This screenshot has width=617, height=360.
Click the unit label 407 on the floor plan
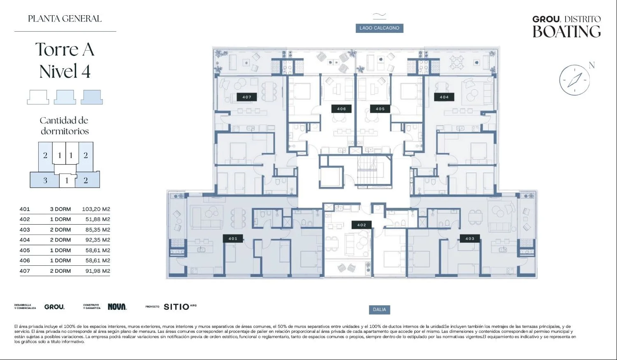pyautogui.click(x=247, y=97)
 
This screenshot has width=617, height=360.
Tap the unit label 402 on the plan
pyautogui.click(x=362, y=225)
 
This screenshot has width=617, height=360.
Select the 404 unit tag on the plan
pyautogui.click(x=444, y=97)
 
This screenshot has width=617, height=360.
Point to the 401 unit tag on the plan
pyautogui.click(x=233, y=239)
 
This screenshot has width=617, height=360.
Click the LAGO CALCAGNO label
pyautogui.click(x=379, y=28)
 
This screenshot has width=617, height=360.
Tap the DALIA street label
pyautogui.click(x=379, y=309)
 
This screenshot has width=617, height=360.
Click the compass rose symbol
pyautogui.click(x=575, y=80)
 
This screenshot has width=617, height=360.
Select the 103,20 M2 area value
pyautogui.click(x=96, y=209)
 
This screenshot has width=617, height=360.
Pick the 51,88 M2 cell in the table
pyautogui.click(x=98, y=219)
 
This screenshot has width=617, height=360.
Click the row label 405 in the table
pyautogui.click(x=25, y=251)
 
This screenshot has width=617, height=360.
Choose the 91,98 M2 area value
pyautogui.click(x=98, y=271)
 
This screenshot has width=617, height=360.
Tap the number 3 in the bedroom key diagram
pyautogui.click(x=45, y=181)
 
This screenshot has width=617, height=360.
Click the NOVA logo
pyautogui.click(x=117, y=307)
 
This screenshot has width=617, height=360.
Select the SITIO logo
pyautogui.click(x=180, y=307)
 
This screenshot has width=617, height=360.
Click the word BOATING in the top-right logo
pyautogui.click(x=566, y=31)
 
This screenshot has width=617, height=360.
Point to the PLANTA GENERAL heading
pyautogui.click(x=65, y=19)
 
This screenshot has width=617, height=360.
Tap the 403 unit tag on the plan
pyautogui.click(x=470, y=239)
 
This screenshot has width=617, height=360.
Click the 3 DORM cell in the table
pyautogui.click(x=60, y=209)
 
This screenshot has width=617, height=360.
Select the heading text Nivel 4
pyautogui.click(x=65, y=71)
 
